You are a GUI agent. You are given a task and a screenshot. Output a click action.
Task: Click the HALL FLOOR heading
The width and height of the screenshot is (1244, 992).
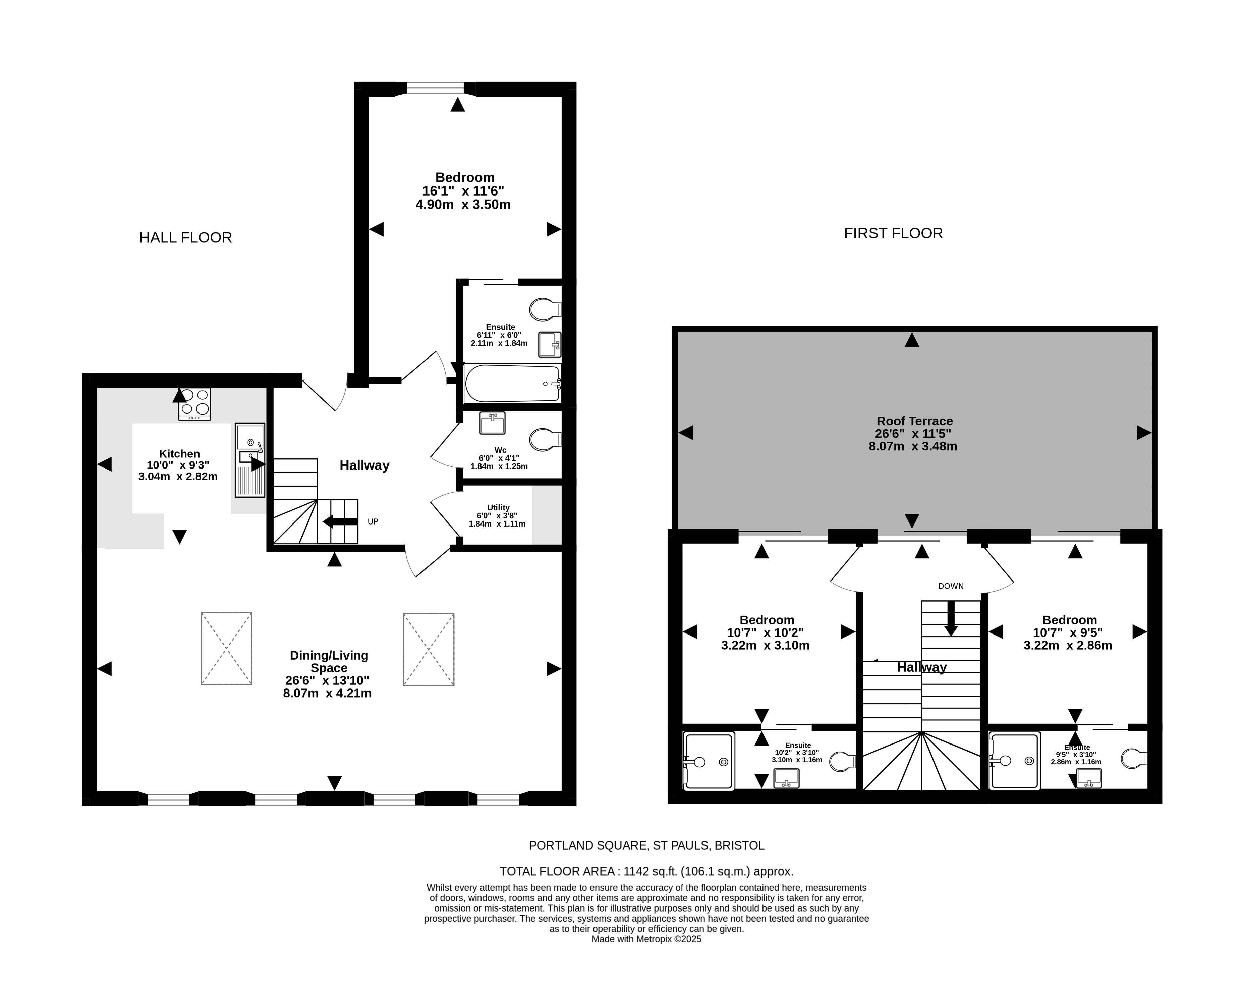click(x=185, y=238)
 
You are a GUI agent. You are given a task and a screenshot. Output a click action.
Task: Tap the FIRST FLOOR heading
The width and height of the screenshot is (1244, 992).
click(x=893, y=233)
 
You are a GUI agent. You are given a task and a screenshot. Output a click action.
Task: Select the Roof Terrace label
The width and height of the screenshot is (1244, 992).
click(x=914, y=421)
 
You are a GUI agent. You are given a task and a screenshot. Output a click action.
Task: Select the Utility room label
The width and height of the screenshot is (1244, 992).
click(x=498, y=508)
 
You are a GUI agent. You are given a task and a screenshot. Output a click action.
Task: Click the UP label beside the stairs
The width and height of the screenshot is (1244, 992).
click(x=373, y=522)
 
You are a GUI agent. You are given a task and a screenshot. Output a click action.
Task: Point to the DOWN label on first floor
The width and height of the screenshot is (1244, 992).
click(x=951, y=586)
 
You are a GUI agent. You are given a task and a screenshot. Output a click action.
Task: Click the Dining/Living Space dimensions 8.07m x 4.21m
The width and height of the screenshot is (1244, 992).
click(x=327, y=694)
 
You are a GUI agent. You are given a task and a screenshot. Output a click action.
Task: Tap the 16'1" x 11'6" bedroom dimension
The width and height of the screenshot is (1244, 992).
click(x=463, y=191)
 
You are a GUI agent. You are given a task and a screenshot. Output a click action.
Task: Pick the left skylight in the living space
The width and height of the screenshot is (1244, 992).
click(x=227, y=649)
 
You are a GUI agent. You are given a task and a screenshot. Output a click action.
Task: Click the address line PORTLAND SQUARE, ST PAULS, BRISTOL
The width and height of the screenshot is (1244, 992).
click(x=646, y=846)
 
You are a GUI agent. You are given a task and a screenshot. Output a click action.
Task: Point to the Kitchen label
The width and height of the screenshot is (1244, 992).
click(x=179, y=454)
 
